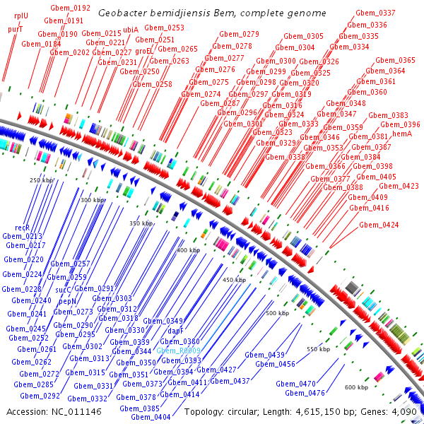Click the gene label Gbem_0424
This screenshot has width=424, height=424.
(379, 225)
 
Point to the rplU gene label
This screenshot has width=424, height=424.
(21, 16)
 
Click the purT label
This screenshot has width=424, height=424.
(16, 30)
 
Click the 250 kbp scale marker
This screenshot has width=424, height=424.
(43, 180)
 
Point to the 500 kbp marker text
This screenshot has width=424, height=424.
(278, 312)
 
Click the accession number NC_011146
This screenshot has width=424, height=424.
(81, 411)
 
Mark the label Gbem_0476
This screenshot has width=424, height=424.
(305, 393)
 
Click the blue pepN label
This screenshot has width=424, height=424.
(67, 301)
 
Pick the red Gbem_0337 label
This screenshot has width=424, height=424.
(375, 13)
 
